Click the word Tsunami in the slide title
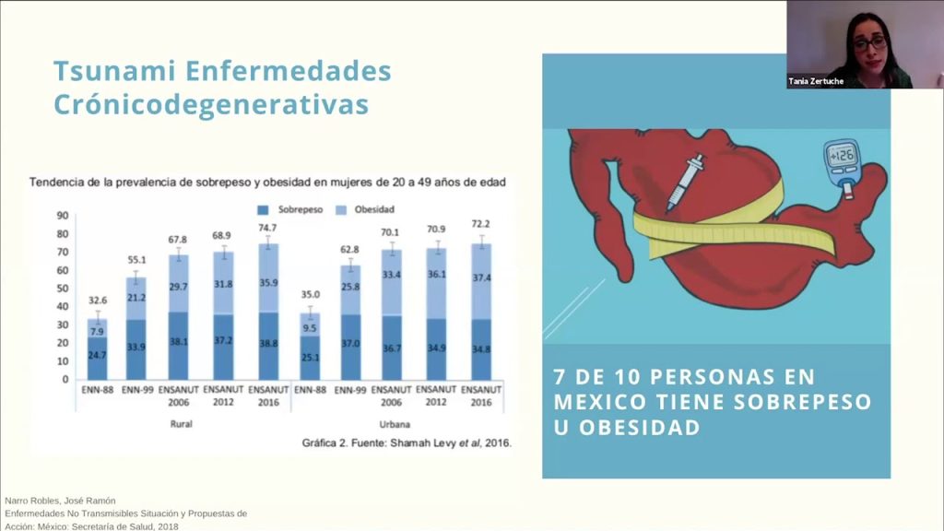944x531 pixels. (x=113, y=70)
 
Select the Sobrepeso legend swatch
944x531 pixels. (x=263, y=210)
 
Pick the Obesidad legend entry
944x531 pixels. (x=365, y=209)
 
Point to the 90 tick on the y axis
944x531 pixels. (x=63, y=216)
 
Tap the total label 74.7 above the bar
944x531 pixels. (x=267, y=228)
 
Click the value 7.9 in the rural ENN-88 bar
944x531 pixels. (x=97, y=332)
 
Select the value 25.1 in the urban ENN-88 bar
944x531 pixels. (x=310, y=358)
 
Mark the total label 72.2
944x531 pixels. (x=480, y=224)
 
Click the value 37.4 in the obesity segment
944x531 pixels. (x=481, y=277)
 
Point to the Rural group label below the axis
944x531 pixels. (x=181, y=424)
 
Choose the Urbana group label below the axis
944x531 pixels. (x=395, y=424)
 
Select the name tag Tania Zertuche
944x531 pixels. (x=816, y=81)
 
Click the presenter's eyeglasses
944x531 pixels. (x=870, y=43)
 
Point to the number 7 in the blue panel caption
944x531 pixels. (x=560, y=377)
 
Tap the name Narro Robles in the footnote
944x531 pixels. (x=30, y=501)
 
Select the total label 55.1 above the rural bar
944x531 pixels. (x=136, y=260)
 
